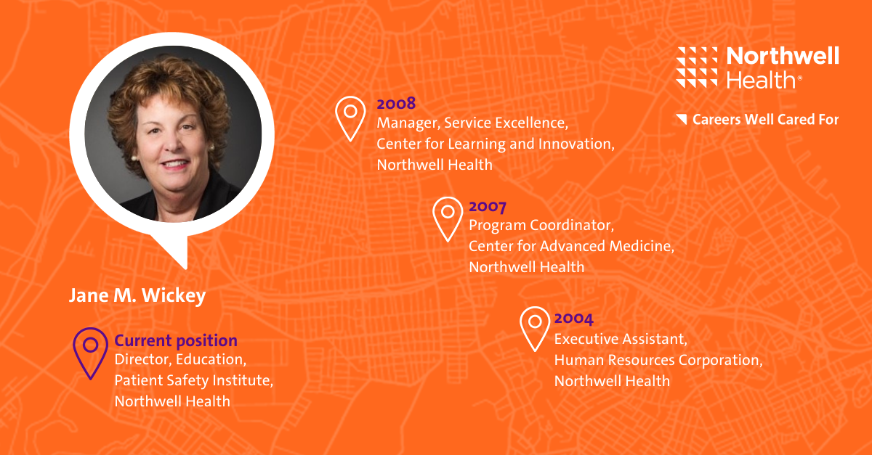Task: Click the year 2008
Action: point(396,104)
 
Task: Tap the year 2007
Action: point(488,206)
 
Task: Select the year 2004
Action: point(574,319)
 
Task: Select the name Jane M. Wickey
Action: point(137,295)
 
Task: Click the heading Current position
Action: point(176,340)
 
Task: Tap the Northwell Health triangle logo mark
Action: point(697,67)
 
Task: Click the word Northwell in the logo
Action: point(783,56)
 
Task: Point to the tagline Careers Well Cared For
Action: point(765,120)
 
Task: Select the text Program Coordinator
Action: point(541,225)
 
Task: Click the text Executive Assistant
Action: point(620,339)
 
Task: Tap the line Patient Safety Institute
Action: point(193,380)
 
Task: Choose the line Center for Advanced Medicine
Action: point(571,246)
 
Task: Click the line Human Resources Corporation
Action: point(658,360)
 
